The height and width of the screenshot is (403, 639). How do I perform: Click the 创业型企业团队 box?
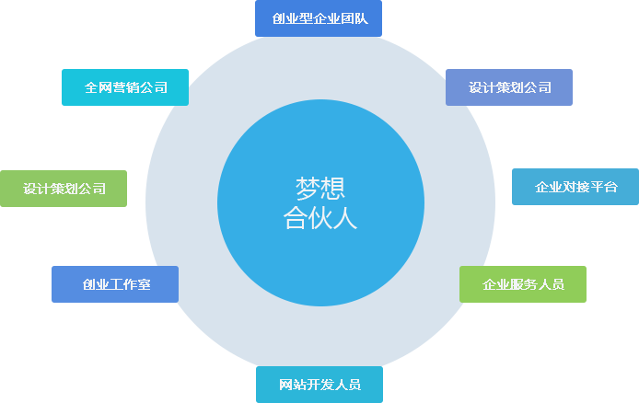(x=319, y=18)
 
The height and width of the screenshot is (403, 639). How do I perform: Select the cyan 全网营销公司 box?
(x=125, y=87)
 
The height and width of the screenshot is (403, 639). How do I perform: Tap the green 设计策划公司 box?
(x=64, y=189)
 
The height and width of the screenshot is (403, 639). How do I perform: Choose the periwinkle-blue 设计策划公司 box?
(x=509, y=87)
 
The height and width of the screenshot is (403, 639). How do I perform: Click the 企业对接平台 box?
(x=575, y=187)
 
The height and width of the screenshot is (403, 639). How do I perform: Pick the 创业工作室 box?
(x=115, y=284)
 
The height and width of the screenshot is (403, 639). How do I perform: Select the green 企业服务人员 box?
(x=523, y=284)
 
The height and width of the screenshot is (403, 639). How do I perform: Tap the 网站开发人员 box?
(x=319, y=385)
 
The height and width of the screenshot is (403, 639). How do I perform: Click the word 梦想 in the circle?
(x=320, y=189)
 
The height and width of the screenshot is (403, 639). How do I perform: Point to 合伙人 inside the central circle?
(x=320, y=218)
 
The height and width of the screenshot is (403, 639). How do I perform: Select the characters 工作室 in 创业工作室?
(x=130, y=284)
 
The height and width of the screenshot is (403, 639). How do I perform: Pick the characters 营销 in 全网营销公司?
(x=126, y=87)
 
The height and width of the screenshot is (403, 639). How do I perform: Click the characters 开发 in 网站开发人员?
(x=319, y=385)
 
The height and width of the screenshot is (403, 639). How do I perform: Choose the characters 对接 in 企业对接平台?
(x=576, y=187)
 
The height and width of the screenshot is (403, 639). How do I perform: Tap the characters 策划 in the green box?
(x=64, y=189)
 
